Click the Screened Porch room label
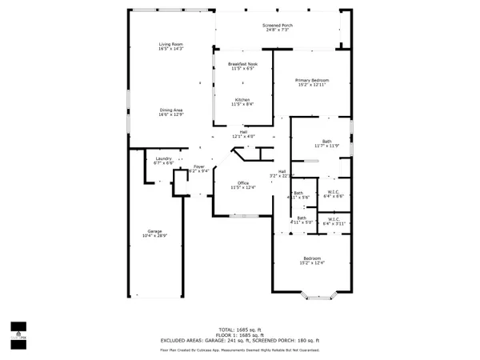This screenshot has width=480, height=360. tap(278, 26)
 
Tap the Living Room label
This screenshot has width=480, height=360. tap(170, 44)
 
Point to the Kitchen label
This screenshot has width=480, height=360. tap(242, 99)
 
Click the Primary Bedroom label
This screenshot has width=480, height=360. tap(312, 80)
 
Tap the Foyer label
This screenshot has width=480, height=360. tap(199, 166)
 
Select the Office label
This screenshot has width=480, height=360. tap(242, 182)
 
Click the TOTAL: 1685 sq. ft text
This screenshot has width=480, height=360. tap(240, 328)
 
